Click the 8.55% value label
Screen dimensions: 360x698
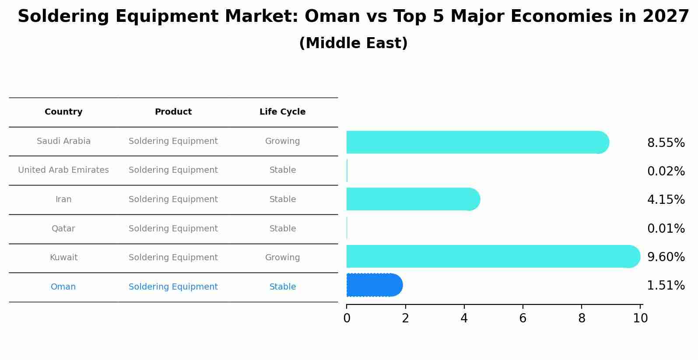(666, 143)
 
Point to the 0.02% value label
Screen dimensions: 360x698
(666, 171)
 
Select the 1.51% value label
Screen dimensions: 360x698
(666, 286)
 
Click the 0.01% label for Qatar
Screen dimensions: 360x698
(666, 228)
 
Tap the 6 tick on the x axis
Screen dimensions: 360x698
(523, 318)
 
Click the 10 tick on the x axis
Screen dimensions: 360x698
(640, 318)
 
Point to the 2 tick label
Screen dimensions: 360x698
(405, 318)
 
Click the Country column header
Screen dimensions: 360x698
(63, 112)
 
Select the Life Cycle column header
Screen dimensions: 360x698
(282, 112)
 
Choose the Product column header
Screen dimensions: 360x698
(173, 112)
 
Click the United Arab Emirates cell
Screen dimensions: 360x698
(63, 170)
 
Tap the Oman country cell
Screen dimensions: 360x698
(63, 287)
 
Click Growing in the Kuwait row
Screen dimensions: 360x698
(282, 258)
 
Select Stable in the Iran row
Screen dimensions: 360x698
(282, 199)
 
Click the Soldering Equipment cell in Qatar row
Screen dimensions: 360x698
(173, 229)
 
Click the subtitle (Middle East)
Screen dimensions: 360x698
(353, 43)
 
